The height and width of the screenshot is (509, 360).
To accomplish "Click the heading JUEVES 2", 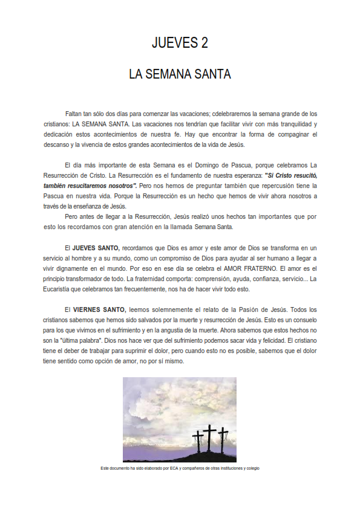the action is [x=180, y=44].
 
